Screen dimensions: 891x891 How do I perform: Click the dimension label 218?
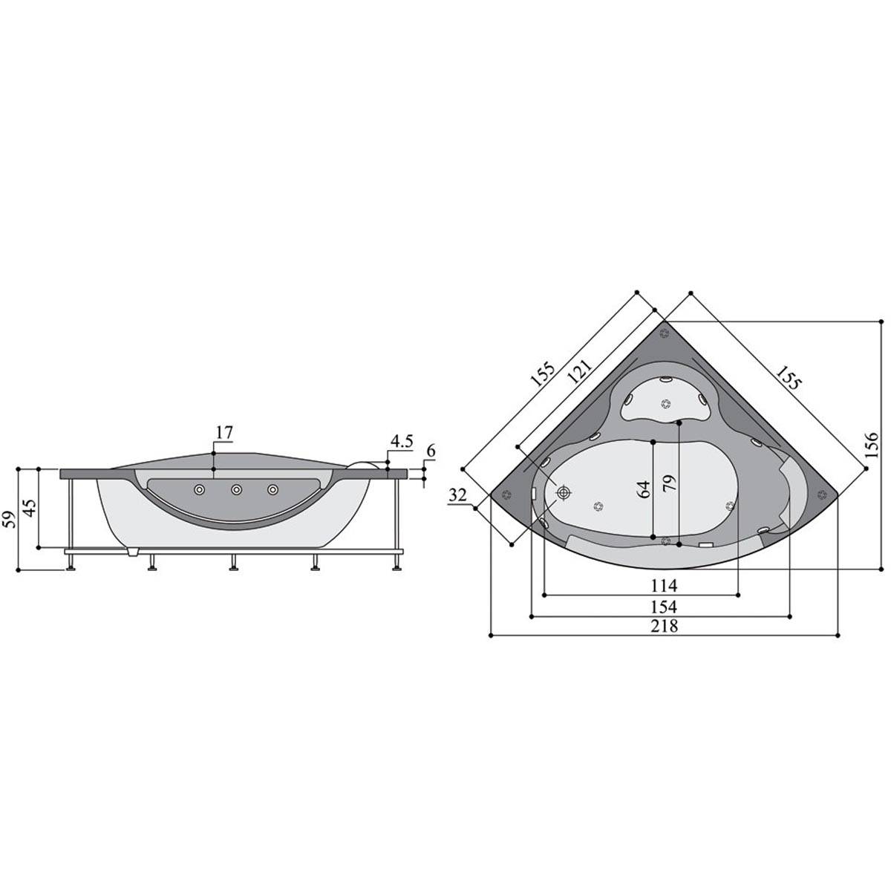click(664, 626)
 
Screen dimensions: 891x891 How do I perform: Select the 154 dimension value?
click(664, 606)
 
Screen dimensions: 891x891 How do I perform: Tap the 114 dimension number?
click(664, 586)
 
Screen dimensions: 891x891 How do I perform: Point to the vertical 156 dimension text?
click(871, 445)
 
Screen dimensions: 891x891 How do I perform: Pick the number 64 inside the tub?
click(643, 489)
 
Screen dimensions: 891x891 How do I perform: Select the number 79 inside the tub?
click(670, 483)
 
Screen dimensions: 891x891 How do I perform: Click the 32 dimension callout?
click(458, 496)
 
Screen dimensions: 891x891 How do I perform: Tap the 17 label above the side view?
click(224, 432)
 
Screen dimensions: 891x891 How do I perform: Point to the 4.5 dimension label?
click(402, 442)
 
